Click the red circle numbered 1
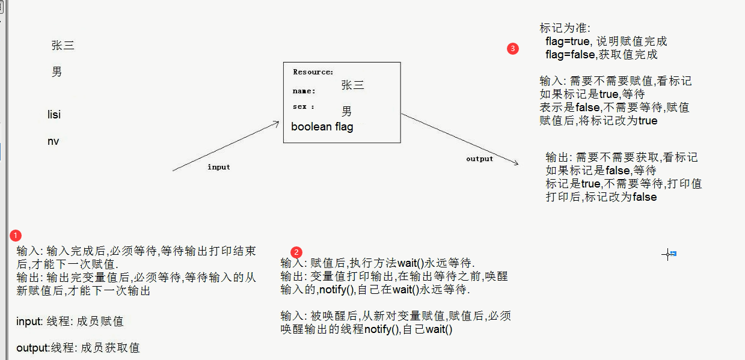tap(16, 234)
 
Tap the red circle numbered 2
tap(296, 252)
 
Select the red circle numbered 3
tap(513, 49)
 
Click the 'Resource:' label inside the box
tap(313, 72)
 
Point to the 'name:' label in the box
tap(304, 91)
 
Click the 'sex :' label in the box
tap(304, 106)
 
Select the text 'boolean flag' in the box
tap(322, 127)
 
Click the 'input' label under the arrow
tap(219, 167)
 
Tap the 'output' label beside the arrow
tap(479, 159)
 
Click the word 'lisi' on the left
tap(54, 114)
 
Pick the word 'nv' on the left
tap(54, 141)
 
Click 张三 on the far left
tap(63, 46)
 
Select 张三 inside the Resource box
tap(352, 85)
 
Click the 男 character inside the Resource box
tap(347, 111)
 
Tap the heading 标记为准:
tap(565, 28)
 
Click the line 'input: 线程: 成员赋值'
tap(70, 322)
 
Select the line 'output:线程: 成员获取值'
tap(78, 348)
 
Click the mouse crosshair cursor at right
tap(667, 254)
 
